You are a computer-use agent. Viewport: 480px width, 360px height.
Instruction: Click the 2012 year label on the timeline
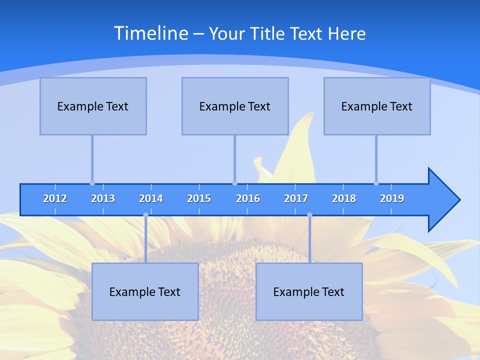[55, 198]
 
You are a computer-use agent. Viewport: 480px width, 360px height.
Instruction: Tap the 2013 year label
[103, 198]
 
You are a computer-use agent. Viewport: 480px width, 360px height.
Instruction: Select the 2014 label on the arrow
[151, 198]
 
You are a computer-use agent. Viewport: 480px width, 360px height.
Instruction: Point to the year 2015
[199, 198]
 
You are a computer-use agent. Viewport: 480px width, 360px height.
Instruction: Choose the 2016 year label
[248, 198]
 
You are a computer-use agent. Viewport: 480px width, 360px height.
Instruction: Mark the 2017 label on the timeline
[296, 198]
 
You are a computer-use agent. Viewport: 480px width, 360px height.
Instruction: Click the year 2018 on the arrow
[344, 198]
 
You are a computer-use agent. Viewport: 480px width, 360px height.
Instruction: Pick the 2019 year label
[392, 198]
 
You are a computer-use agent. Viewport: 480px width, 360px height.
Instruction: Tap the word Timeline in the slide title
[151, 33]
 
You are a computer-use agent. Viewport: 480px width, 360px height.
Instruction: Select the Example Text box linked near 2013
[93, 106]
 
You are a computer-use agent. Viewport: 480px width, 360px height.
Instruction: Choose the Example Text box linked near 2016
[235, 106]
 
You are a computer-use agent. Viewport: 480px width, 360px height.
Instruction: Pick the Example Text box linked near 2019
[377, 106]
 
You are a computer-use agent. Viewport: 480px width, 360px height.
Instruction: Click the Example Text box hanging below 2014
[145, 291]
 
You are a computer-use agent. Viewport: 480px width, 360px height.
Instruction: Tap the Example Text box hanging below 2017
[309, 291]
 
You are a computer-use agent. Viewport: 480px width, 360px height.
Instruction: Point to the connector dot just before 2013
[92, 183]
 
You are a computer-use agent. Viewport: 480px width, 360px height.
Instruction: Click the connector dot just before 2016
[234, 183]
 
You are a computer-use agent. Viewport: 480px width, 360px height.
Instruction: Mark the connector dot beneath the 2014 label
[145, 214]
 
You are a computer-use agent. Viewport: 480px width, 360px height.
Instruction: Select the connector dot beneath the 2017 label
[309, 214]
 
